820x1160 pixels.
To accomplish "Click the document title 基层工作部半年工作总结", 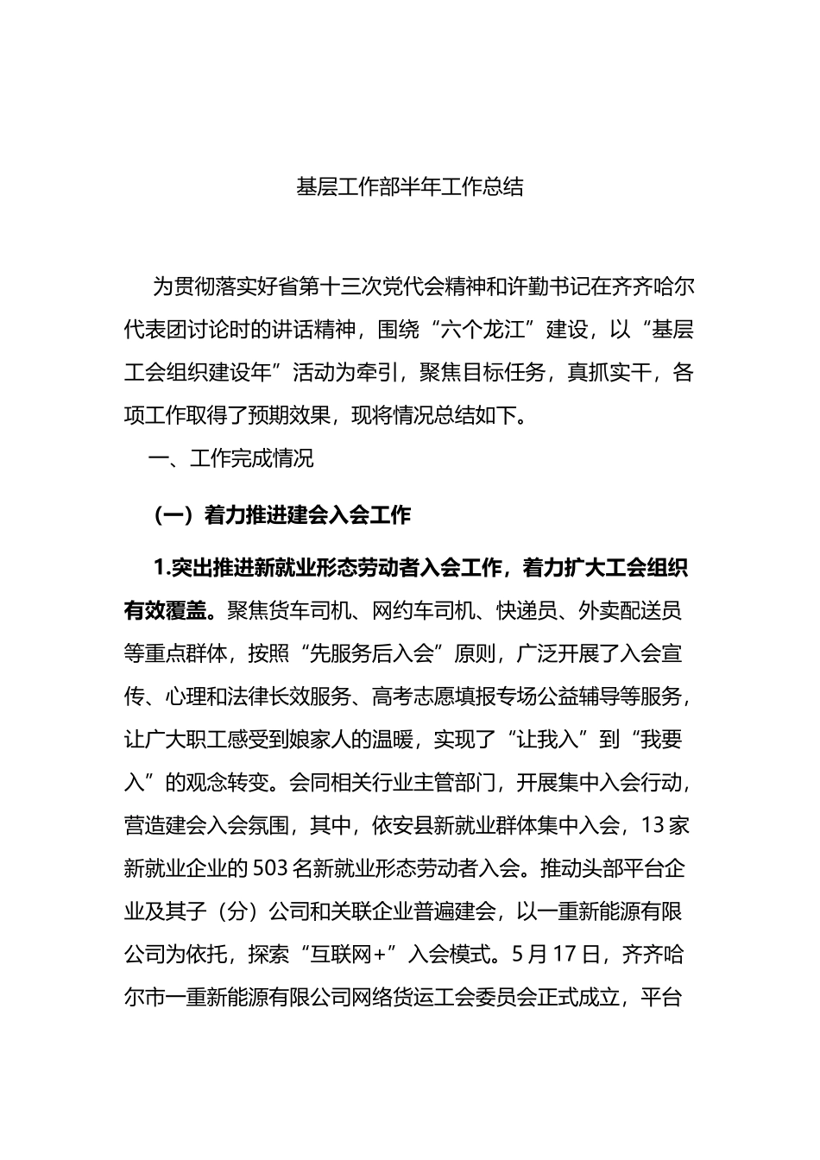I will (x=410, y=186).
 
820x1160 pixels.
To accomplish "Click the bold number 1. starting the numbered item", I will (x=161, y=568).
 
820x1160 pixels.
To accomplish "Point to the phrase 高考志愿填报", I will (x=423, y=697).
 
